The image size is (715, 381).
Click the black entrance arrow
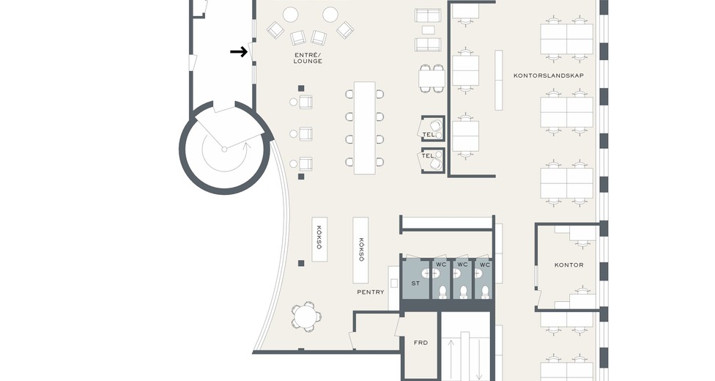pyautogui.click(x=239, y=52)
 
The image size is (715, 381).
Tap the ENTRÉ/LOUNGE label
pyautogui.click(x=308, y=58)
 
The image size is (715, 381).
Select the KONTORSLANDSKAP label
pyautogui.click(x=549, y=75)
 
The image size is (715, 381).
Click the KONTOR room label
pyautogui.click(x=568, y=265)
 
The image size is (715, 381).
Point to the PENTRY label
pyautogui.click(x=370, y=292)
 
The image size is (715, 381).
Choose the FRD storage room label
pyautogui.click(x=421, y=342)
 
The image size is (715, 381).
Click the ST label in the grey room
pyautogui.click(x=415, y=284)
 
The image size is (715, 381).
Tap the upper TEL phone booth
pyautogui.click(x=433, y=128)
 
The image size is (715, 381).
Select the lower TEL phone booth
pyautogui.click(x=433, y=160)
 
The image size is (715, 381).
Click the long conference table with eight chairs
pyautogui.click(x=365, y=127)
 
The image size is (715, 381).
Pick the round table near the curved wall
pyautogui.click(x=305, y=317)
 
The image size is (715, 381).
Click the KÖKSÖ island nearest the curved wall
pyautogui.click(x=319, y=239)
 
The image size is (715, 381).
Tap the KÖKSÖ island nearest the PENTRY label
pyautogui.click(x=360, y=250)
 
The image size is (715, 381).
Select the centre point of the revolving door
pyautogui.click(x=224, y=149)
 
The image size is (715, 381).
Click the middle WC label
pyautogui.click(x=462, y=265)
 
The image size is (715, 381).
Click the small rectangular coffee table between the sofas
pyautogui.click(x=428, y=30)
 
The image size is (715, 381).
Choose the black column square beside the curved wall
pyautogui.click(x=301, y=263)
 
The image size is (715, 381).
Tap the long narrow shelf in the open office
pyautogui.click(x=499, y=80)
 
